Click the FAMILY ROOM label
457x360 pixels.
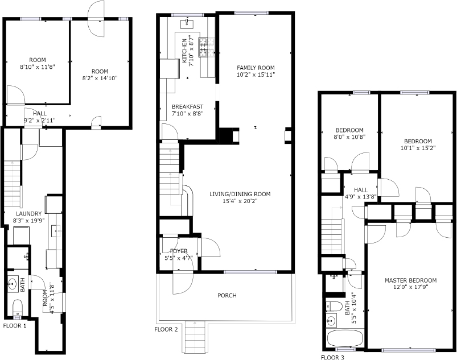pyautogui.click(x=256, y=68)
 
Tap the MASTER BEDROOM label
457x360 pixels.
pyautogui.click(x=411, y=280)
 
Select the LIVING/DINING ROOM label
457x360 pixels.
pyautogui.click(x=240, y=194)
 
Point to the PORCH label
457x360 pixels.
pyautogui.click(x=227, y=295)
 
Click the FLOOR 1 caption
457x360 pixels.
pyautogui.click(x=15, y=326)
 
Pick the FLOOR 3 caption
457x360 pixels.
pyautogui.click(x=332, y=357)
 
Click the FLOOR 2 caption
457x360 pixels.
pyautogui.click(x=166, y=329)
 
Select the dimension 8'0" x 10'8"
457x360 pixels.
pyautogui.click(x=350, y=136)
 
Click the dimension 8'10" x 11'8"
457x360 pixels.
pyautogui.click(x=38, y=67)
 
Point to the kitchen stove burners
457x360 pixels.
pyautogui.click(x=207, y=47)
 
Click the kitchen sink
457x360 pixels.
pyautogui.click(x=186, y=23)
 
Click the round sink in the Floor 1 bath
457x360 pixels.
pyautogui.click(x=13, y=283)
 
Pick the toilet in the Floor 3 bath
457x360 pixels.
pyautogui.click(x=335, y=307)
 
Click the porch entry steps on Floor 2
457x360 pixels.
pyautogui.click(x=195, y=337)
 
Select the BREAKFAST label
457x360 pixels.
pyautogui.click(x=187, y=106)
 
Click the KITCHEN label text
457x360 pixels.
pyautogui.click(x=184, y=51)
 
